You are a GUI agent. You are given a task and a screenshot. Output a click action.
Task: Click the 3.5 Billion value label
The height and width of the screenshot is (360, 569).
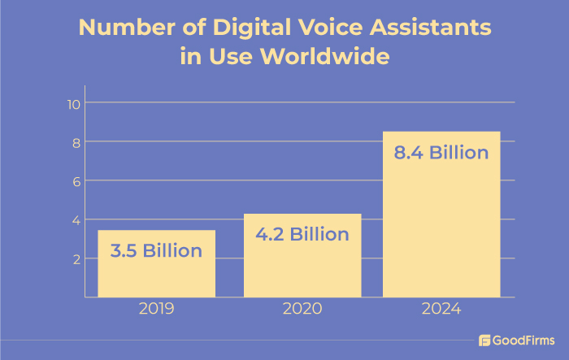[156, 250]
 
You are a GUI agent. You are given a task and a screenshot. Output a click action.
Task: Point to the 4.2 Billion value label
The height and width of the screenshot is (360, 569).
[302, 235]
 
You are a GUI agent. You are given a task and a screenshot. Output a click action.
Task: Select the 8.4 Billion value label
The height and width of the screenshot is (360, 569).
[441, 153]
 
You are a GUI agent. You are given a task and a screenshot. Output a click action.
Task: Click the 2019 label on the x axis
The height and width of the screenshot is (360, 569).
[156, 310]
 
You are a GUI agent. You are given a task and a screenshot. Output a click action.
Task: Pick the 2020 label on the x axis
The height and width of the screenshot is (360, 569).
[302, 310]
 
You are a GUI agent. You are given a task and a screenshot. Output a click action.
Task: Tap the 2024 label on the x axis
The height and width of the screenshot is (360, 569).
[441, 310]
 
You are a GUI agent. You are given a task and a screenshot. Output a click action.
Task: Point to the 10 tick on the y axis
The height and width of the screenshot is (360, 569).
[72, 103]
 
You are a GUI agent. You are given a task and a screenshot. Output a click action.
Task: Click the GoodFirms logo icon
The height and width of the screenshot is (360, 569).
[485, 340]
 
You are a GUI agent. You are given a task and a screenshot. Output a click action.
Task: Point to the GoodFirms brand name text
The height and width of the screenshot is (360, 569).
[524, 340]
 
